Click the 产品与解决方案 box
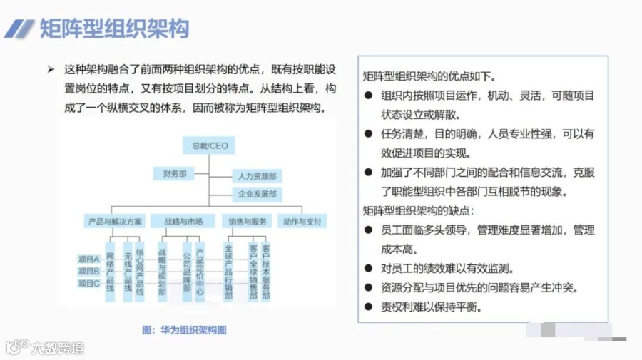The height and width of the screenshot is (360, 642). coord(115,221)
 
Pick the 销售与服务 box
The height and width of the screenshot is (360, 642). coord(245,221)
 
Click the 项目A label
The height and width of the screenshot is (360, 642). coord(89,259)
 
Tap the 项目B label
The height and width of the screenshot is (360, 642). coord(89,271)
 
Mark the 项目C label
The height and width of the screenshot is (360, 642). coord(89,283)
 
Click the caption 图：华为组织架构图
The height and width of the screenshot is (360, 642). coord(185,330)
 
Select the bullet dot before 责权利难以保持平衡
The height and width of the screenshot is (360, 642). coord(368,307)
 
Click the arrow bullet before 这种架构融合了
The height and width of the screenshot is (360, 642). coord(51,69)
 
